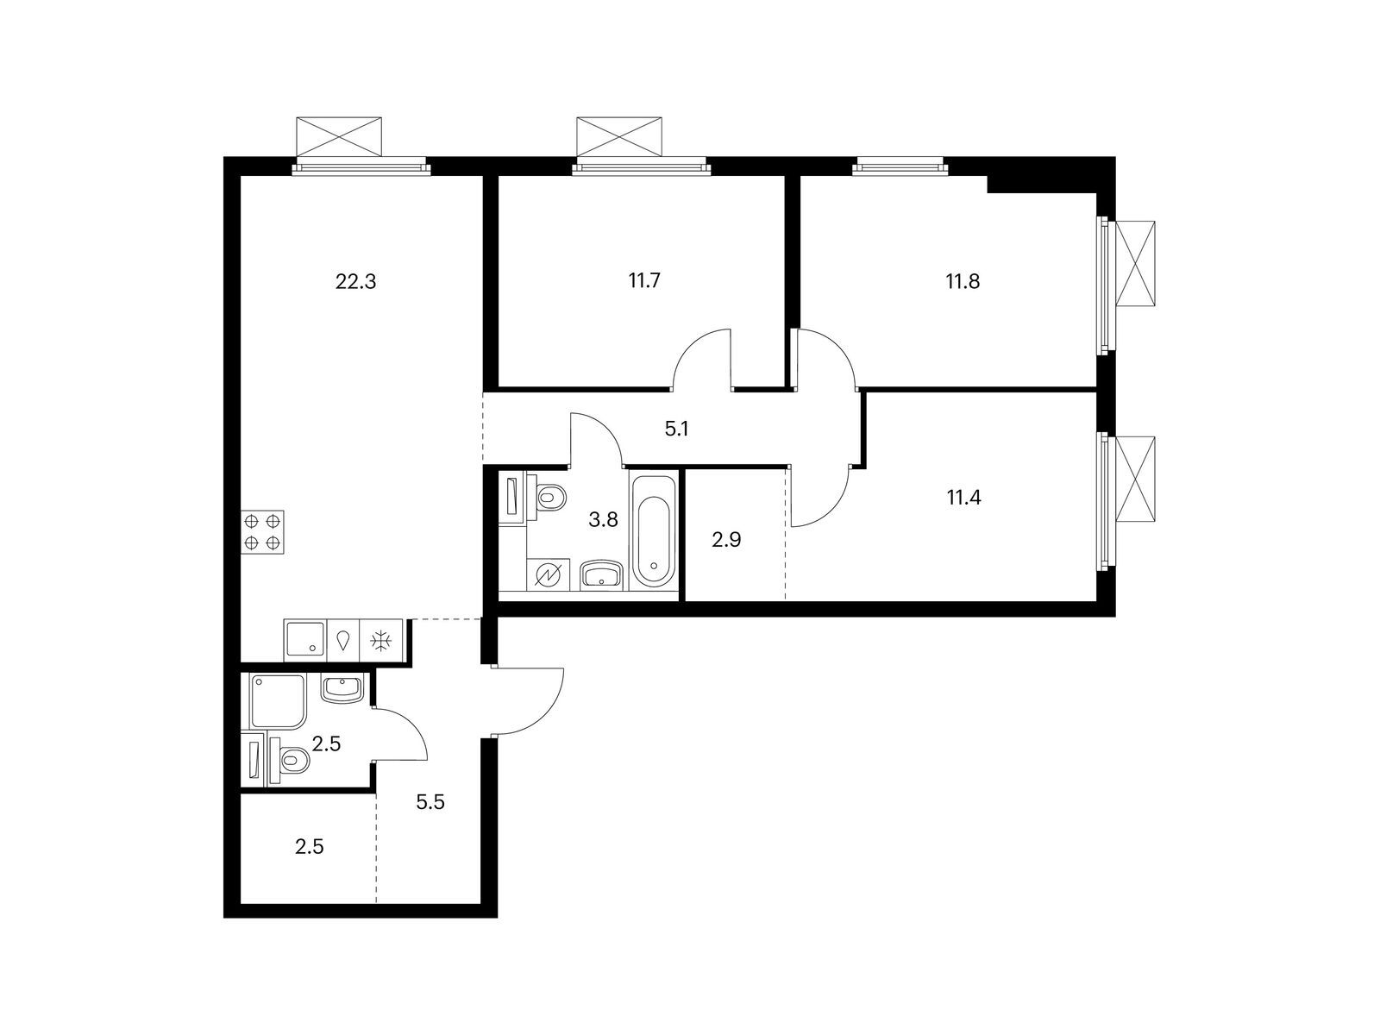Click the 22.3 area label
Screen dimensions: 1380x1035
(x=355, y=281)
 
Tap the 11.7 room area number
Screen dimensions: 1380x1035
(x=644, y=280)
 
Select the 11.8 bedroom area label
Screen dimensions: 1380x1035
(x=963, y=281)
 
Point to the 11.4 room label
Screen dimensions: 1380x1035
(x=963, y=499)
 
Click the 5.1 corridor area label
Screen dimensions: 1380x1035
(x=676, y=430)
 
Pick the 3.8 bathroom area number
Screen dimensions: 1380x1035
(x=603, y=520)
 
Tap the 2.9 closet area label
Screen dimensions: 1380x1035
(x=726, y=540)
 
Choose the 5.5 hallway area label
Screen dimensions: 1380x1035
(x=430, y=802)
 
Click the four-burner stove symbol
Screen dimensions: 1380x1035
(x=262, y=531)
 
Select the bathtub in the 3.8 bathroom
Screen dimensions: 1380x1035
(x=653, y=531)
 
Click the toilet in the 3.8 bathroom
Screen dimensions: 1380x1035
(x=547, y=499)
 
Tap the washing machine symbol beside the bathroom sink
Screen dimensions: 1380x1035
(x=548, y=574)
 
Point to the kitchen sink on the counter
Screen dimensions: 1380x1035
(x=305, y=640)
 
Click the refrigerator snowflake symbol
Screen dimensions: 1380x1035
(x=381, y=641)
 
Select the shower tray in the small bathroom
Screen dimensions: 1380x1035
(x=277, y=701)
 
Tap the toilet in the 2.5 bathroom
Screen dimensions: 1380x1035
(x=289, y=762)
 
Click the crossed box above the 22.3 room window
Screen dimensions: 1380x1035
(x=339, y=136)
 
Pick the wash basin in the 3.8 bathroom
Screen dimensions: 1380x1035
(x=602, y=574)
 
